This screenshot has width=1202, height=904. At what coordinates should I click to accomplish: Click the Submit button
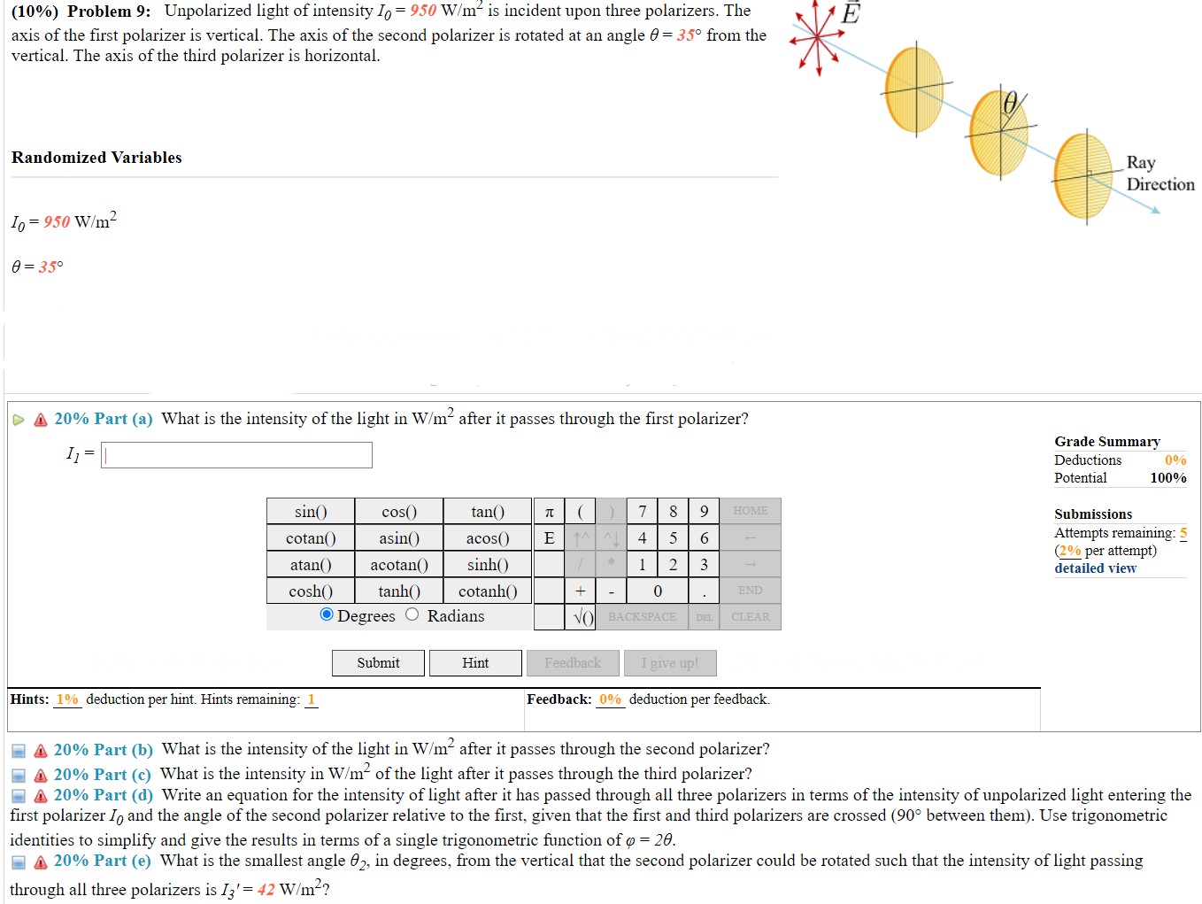pos(378,663)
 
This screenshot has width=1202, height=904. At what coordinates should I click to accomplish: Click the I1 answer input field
pos(236,455)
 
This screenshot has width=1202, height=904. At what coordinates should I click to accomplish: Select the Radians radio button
pos(412,615)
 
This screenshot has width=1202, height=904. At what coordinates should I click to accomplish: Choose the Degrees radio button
pos(327,615)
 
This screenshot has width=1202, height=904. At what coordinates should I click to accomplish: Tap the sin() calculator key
pos(311,512)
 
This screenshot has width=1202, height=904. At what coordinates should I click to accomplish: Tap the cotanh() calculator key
pos(488,591)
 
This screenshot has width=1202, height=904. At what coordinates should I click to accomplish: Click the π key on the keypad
pos(549,512)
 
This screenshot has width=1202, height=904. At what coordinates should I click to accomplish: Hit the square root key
pos(581,617)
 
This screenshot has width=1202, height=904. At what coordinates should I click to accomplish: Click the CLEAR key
pos(750,617)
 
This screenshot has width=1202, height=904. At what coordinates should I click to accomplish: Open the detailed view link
pos(1095,568)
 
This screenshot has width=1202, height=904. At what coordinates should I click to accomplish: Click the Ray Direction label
pos(1160,174)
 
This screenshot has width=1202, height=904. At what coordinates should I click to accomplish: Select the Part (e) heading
pos(102,861)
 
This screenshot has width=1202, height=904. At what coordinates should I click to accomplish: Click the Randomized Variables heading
pos(96,158)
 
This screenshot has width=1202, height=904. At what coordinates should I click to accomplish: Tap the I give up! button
pos(670,663)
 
